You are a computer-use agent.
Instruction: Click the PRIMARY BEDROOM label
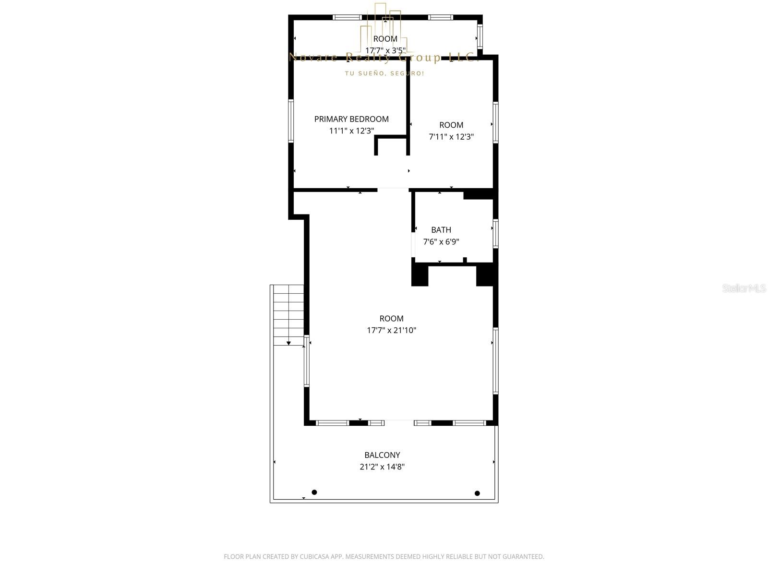pyautogui.click(x=351, y=119)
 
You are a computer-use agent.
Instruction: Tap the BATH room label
pyautogui.click(x=441, y=230)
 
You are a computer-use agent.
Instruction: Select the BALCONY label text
pyautogui.click(x=382, y=455)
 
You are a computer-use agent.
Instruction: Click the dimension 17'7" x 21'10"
pyautogui.click(x=391, y=330)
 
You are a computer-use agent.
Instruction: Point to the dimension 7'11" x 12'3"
pyautogui.click(x=451, y=137)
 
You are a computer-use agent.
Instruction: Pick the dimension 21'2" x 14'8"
pyautogui.click(x=382, y=467)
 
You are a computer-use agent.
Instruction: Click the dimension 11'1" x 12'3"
pyautogui.click(x=351, y=131)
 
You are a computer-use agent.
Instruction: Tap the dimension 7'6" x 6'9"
pyautogui.click(x=441, y=242)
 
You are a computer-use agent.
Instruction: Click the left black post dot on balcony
pyautogui.click(x=314, y=492)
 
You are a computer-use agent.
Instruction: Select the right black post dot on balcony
pyautogui.click(x=477, y=493)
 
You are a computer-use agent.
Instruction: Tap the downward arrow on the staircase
pyautogui.click(x=288, y=343)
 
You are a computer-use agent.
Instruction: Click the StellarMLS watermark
pyautogui.click(x=744, y=288)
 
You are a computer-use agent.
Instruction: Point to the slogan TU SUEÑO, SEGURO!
pyautogui.click(x=384, y=73)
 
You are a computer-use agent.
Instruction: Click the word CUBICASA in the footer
pyautogui.click(x=315, y=557)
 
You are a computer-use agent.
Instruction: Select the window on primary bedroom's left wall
pyautogui.click(x=291, y=120)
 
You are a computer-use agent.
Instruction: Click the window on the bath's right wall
pyautogui.click(x=495, y=234)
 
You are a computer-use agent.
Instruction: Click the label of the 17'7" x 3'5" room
pyautogui.click(x=385, y=39)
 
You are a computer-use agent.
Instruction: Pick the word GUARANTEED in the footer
pyautogui.click(x=522, y=557)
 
